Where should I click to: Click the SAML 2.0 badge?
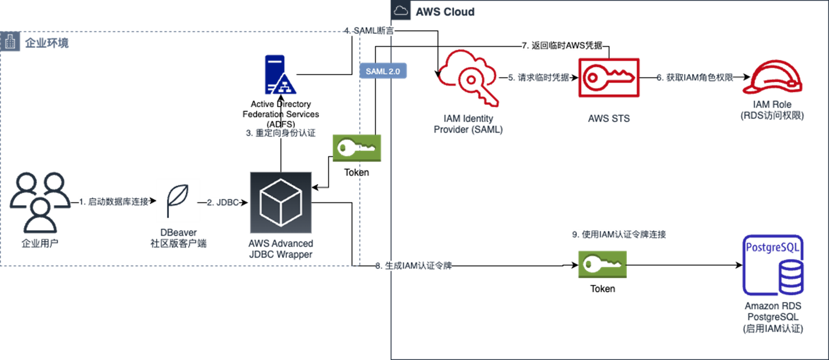(383, 71)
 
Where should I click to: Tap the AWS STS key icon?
(609, 78)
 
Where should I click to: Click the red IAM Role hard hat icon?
(773, 78)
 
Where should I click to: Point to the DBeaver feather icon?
(178, 201)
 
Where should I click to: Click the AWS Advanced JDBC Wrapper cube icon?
(281, 203)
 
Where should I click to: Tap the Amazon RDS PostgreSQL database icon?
(773, 265)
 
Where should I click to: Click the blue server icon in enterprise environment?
(280, 75)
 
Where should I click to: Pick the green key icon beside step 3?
(357, 148)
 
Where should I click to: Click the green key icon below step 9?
(602, 264)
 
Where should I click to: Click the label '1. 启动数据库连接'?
(114, 202)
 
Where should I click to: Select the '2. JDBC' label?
(223, 203)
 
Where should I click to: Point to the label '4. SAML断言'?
(369, 31)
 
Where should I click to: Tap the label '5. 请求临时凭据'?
(539, 78)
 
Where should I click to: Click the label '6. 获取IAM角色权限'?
(695, 78)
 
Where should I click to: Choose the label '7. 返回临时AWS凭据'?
(562, 46)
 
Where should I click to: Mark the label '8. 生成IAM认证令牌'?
(413, 266)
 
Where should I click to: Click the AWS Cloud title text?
(444, 12)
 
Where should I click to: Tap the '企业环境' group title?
(46, 43)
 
